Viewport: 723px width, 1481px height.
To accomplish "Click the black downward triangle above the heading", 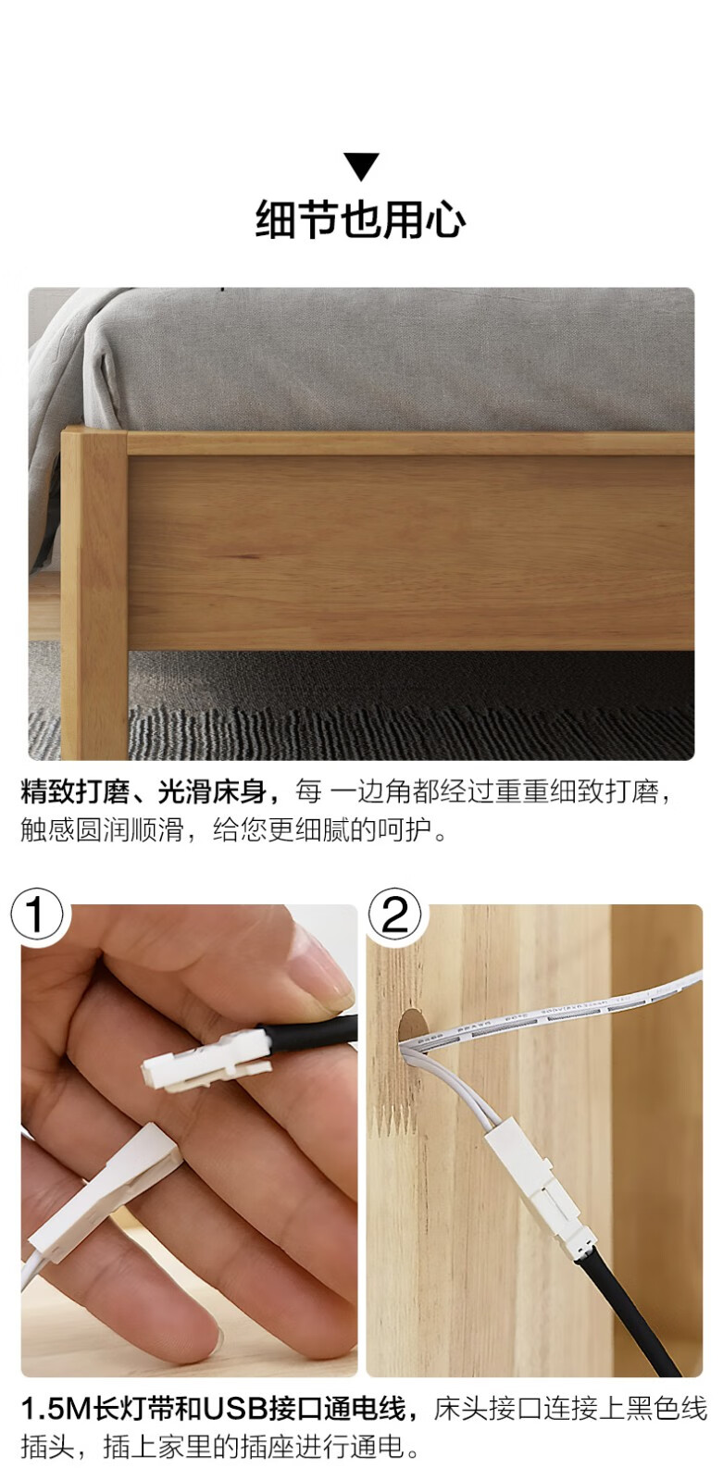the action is (x=361, y=166).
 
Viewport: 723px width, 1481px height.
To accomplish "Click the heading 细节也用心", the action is (x=360, y=219).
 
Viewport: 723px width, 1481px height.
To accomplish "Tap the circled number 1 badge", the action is (x=37, y=915).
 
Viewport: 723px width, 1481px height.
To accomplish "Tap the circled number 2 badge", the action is (x=395, y=915).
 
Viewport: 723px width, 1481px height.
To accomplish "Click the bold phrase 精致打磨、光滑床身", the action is (x=143, y=791).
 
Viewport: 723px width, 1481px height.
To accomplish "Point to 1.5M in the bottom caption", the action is (x=56, y=1409).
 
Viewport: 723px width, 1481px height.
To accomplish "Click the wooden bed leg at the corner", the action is (x=93, y=593).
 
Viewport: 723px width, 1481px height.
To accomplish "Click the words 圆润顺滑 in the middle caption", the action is (x=130, y=829).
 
